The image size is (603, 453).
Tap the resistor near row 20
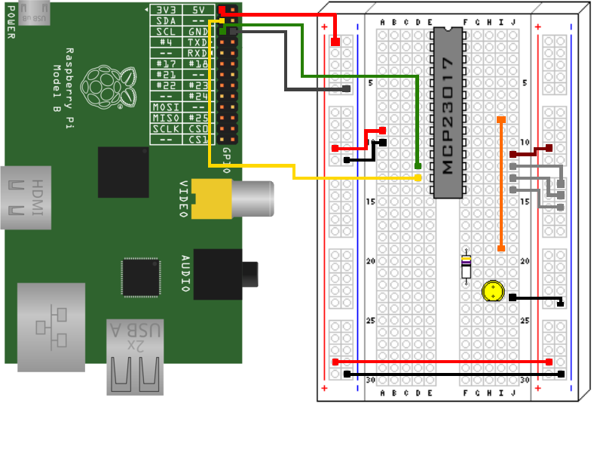[467, 267]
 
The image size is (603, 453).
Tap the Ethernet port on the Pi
[54, 327]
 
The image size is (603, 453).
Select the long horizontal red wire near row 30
[442, 362]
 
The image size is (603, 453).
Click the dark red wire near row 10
[532, 150]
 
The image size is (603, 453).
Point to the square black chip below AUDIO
[140, 277]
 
